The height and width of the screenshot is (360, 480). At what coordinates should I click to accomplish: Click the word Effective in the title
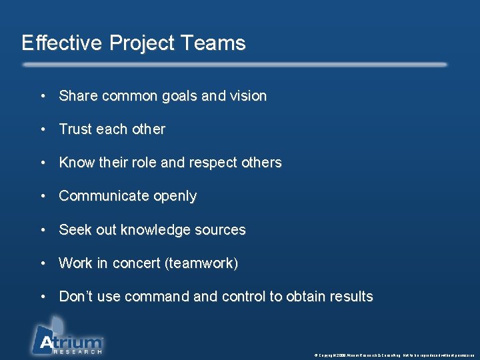[61, 43]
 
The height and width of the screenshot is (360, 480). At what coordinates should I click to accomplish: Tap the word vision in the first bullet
[248, 96]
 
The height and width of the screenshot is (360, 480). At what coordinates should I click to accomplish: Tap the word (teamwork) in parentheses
[201, 263]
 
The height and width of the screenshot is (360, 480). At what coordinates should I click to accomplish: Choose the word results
[350, 297]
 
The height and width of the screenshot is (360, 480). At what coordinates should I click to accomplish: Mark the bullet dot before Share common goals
[42, 96]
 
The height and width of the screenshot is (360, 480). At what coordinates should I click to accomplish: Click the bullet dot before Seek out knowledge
[42, 230]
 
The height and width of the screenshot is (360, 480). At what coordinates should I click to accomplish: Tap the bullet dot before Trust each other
[42, 129]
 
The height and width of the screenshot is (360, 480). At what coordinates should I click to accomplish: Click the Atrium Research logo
[67, 337]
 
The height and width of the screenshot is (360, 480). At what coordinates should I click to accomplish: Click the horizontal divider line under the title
[235, 65]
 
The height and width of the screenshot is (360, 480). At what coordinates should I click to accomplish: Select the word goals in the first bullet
[179, 97]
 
